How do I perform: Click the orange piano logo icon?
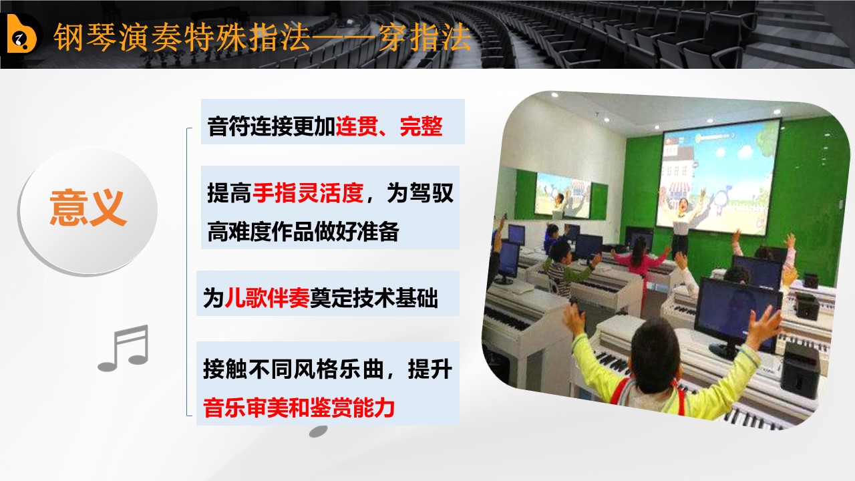(x=21, y=33)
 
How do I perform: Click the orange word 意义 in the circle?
(x=88, y=208)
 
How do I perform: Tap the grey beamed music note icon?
(x=124, y=348)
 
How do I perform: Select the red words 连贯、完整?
(x=389, y=126)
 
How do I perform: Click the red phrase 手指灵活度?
(x=308, y=193)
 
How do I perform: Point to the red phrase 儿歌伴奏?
(x=267, y=298)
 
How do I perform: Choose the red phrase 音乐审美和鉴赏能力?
(x=299, y=408)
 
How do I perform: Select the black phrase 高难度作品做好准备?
(x=303, y=231)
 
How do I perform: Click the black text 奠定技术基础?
(x=374, y=298)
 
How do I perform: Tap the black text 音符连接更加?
(x=271, y=126)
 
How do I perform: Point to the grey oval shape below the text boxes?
(x=319, y=432)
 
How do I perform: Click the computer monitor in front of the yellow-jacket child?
(x=735, y=314)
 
